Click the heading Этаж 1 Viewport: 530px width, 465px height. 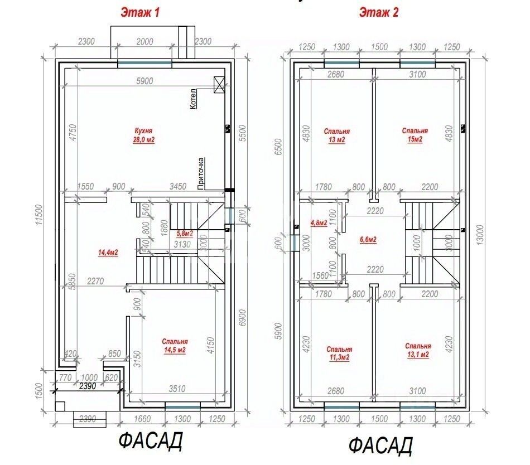coord(140,12)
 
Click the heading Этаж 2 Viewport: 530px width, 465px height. coord(379,12)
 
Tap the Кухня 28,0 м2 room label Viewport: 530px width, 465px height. coord(144,135)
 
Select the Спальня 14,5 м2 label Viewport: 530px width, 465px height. coord(175,346)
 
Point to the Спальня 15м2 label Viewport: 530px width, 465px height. coord(415,135)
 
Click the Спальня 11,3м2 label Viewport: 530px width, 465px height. coord(339,353)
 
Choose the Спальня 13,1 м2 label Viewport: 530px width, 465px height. coord(418,350)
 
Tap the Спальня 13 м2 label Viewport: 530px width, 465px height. coord(336,135)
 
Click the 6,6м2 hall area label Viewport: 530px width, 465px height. coord(368,240)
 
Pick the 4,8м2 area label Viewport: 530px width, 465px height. coord(319,223)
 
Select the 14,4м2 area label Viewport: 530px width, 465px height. coord(108,252)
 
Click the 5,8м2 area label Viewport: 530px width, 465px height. coord(185,234)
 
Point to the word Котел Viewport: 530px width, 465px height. coord(193,99)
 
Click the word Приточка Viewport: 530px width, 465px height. coord(201,173)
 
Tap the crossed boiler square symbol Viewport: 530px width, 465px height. coord(219,85)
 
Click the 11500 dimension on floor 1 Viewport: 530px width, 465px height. coord(40,215)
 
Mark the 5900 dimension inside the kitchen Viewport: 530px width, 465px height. coord(144,81)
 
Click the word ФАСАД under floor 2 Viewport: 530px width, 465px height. coord(380,446)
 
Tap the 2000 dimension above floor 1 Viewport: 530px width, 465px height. coord(144,41)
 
